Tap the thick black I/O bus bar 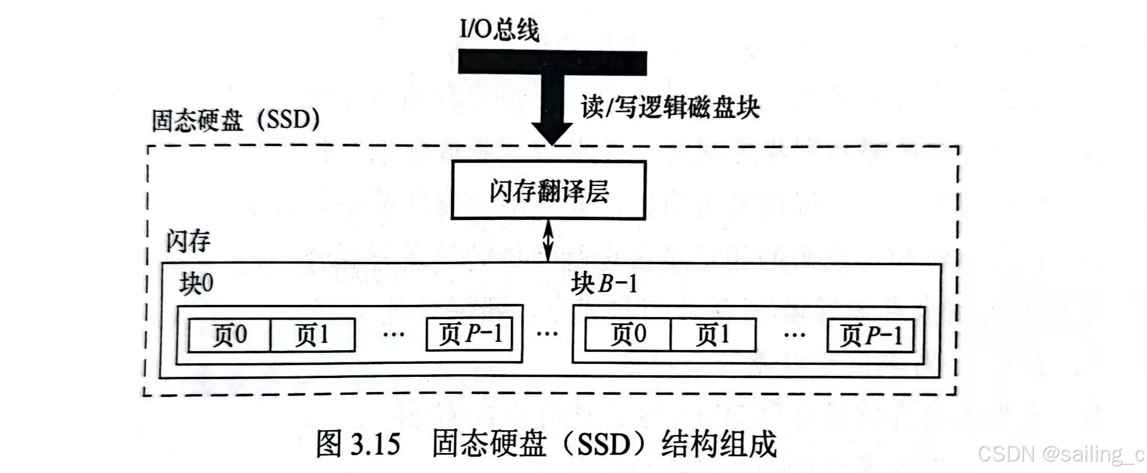point(552,62)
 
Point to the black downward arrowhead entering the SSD point(551,132)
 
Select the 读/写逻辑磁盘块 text point(670,108)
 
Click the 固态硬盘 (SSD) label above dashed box point(235,120)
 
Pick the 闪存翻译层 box point(548,190)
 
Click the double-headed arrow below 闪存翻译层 point(548,240)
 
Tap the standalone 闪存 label point(188,241)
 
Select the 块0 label point(196,284)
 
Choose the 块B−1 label point(604,284)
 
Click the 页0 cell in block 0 point(229,335)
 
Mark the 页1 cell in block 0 point(312,335)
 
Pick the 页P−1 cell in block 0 point(469,334)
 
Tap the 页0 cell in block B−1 point(628,335)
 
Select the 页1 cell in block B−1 point(713,335)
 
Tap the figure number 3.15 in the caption point(375,444)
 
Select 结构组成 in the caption point(718,444)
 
